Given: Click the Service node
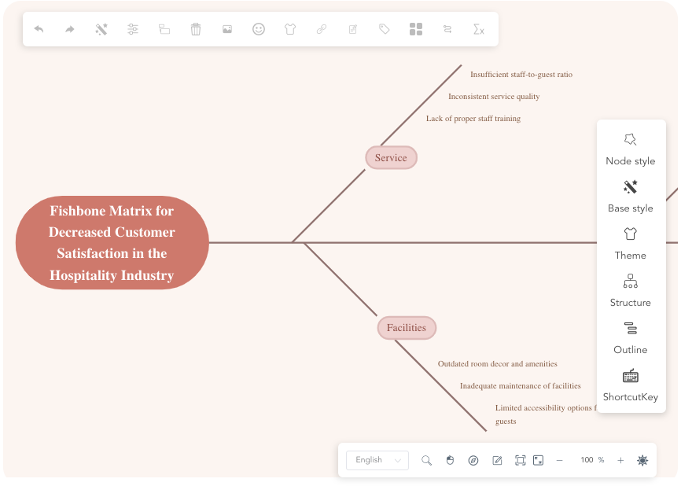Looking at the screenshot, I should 391,158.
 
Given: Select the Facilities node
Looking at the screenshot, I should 406,328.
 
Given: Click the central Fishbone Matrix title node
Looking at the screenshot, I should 112,243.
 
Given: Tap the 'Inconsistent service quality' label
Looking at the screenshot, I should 493,97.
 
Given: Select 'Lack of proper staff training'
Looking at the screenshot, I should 473,119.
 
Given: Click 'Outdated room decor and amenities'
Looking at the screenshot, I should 497,364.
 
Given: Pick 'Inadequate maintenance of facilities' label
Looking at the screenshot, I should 520,386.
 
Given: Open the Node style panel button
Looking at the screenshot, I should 630,140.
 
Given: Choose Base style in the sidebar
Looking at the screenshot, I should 630,187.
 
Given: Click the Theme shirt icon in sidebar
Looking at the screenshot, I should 630,234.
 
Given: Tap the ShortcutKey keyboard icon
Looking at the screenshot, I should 630,376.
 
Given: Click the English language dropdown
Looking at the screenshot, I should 377,460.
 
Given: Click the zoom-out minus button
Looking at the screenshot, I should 559,460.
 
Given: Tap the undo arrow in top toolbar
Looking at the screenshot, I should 39,29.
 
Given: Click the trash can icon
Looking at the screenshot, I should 196,29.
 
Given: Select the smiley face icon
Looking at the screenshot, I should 259,29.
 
